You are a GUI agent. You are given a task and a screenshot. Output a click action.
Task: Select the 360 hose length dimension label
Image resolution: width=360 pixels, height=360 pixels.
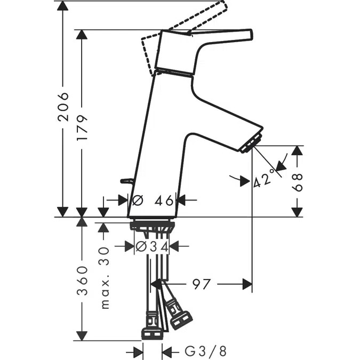(82, 279)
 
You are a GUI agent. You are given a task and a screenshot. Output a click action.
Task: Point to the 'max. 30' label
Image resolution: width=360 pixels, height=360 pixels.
(105, 277)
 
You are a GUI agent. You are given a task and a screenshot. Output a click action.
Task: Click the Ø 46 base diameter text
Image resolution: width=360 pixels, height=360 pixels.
(153, 201)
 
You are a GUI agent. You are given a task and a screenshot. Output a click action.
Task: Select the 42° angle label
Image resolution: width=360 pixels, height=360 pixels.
(265, 179)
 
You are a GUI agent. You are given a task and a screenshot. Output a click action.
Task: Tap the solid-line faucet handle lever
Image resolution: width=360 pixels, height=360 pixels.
(219, 36)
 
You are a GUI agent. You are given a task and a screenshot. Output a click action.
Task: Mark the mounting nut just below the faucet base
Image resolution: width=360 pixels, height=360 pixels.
(151, 225)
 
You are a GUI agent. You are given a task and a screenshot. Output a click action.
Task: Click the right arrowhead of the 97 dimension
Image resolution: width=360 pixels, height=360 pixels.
(246, 284)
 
